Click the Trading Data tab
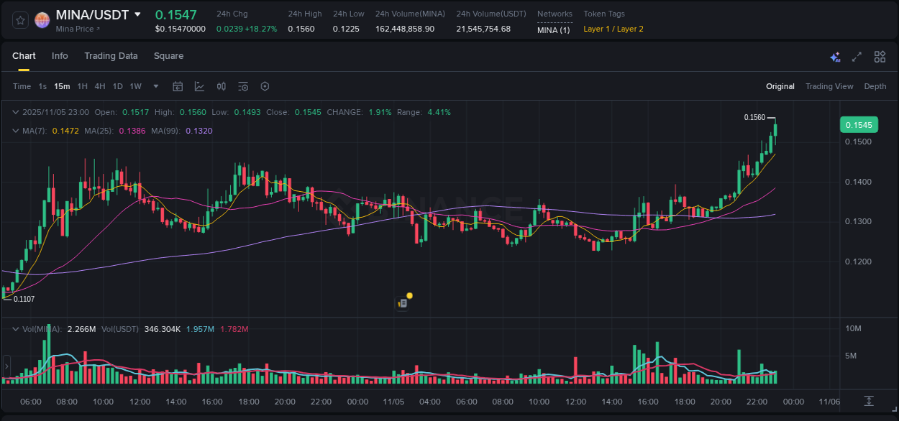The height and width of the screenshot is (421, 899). pyautogui.click(x=111, y=56)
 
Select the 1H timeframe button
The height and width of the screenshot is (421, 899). pyautogui.click(x=83, y=86)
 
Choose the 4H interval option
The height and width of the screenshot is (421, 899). pyautogui.click(x=99, y=86)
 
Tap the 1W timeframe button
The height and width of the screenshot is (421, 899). pyautogui.click(x=135, y=86)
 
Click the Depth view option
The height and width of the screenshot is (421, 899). pyautogui.click(x=875, y=86)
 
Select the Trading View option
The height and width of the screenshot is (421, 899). pyautogui.click(x=829, y=86)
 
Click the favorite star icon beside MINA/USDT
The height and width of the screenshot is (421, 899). pyautogui.click(x=20, y=20)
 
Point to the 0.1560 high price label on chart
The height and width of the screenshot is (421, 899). pyautogui.click(x=754, y=117)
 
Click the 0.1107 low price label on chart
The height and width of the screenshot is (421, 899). pyautogui.click(x=24, y=299)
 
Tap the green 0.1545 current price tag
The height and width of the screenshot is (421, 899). pyautogui.click(x=858, y=125)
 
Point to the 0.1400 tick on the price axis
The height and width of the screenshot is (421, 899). pyautogui.click(x=858, y=182)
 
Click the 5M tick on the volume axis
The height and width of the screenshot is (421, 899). pyautogui.click(x=851, y=356)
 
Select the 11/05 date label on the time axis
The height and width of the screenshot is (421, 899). pyautogui.click(x=393, y=402)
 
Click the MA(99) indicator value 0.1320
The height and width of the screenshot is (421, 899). pyautogui.click(x=199, y=131)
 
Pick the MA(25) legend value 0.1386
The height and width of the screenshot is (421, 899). pyautogui.click(x=132, y=131)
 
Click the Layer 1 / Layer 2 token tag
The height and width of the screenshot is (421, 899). pyautogui.click(x=613, y=29)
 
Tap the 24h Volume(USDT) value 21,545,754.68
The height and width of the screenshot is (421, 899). pyautogui.click(x=483, y=29)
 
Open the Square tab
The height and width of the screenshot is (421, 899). pyautogui.click(x=168, y=56)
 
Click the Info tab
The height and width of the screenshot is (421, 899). pyautogui.click(x=60, y=56)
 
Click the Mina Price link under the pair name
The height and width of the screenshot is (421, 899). pyautogui.click(x=78, y=29)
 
